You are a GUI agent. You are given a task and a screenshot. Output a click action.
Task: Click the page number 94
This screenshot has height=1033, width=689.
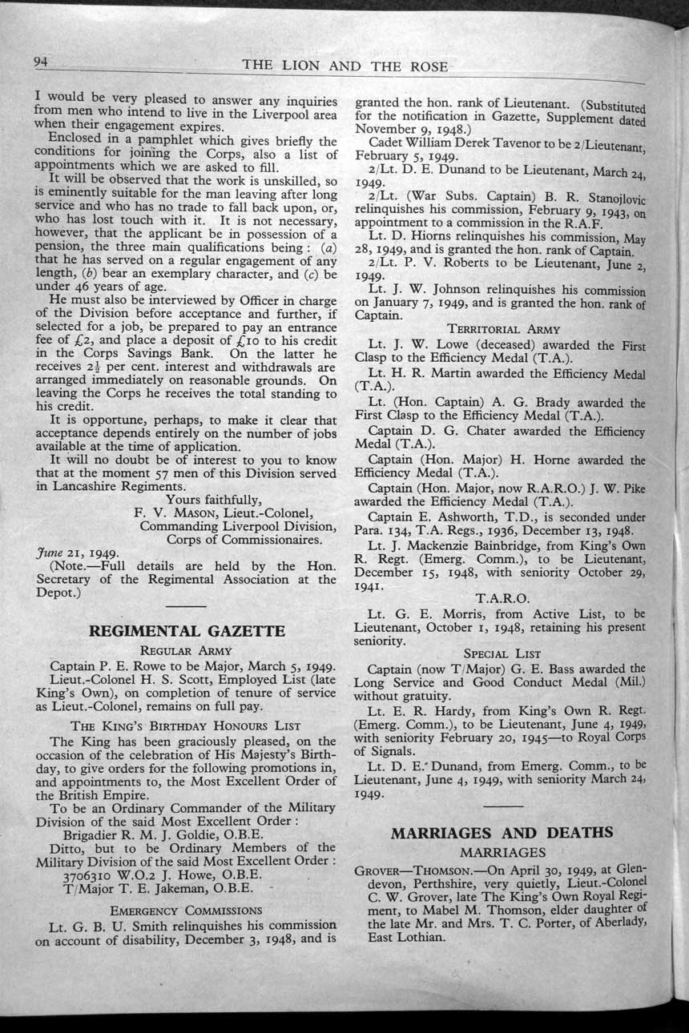[x=42, y=62]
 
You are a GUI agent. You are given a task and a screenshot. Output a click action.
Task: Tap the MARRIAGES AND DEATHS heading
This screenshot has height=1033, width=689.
[x=502, y=832]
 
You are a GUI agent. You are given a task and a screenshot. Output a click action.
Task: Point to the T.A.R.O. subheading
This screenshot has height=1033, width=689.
[x=502, y=598]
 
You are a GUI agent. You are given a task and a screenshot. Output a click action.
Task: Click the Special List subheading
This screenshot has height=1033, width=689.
[x=502, y=653]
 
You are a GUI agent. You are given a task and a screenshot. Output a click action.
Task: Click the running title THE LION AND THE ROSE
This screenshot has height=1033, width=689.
[x=344, y=66]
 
